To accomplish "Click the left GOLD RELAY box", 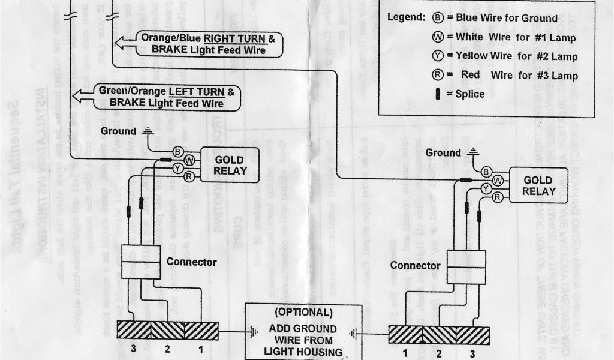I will pos(230,164).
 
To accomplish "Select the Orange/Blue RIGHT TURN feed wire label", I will pos(209,44).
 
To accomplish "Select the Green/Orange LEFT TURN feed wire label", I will pos(167,98).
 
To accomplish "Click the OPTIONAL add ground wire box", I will pos(303,332).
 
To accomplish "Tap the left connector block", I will pos(140,262).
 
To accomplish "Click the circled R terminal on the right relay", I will pos(497,197).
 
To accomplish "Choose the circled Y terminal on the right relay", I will pos(487,189).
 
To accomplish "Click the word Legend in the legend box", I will pos(407,18).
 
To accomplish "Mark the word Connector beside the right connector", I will pos(415,265).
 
